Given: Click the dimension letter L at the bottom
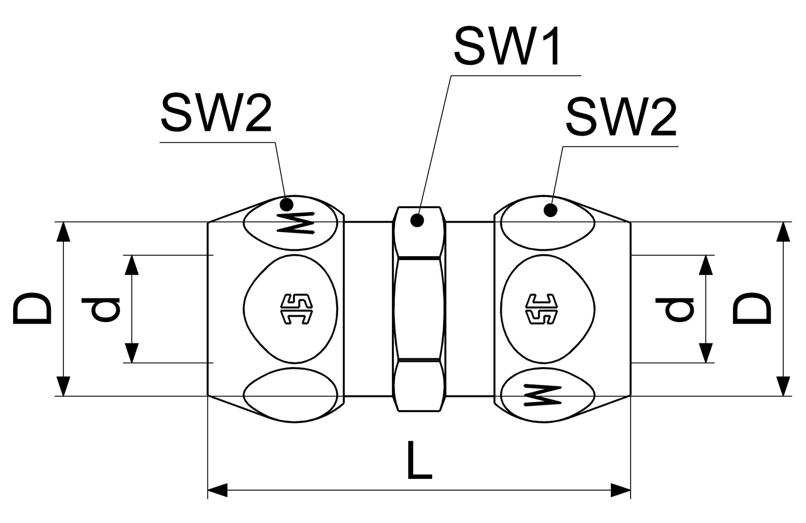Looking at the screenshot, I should pos(419,461).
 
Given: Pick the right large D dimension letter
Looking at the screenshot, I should pos(752,308).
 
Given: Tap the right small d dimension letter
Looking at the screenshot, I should pos(675,309).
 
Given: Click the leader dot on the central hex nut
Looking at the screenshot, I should pos(417,220).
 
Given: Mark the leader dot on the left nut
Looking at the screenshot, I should pos(287,203).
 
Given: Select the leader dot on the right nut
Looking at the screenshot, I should pos(550,210).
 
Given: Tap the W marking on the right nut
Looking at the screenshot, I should pos(543,396).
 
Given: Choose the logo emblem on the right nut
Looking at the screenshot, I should pos(542,309).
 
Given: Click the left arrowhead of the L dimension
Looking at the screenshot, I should pos(217,490).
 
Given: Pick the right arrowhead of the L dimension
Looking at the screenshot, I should pos(620,490).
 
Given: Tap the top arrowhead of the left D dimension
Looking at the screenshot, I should pos(63,232).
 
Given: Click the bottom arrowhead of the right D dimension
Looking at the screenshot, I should pos(783,386).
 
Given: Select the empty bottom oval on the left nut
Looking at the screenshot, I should pos(290,395).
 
